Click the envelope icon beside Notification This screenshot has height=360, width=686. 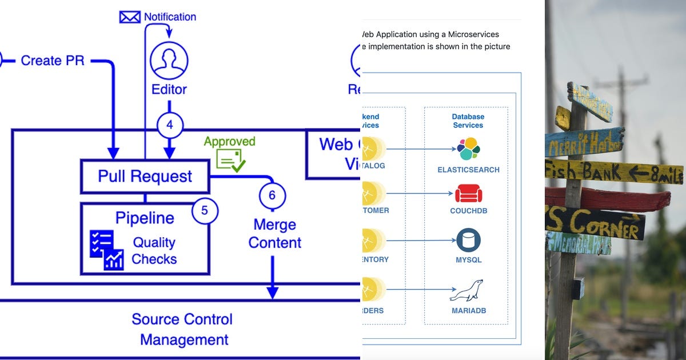click(130, 17)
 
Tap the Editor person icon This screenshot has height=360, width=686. click(169, 60)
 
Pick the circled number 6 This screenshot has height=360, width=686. click(272, 195)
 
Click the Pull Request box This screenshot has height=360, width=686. click(145, 176)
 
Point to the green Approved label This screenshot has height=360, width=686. click(229, 142)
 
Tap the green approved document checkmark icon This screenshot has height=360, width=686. click(230, 161)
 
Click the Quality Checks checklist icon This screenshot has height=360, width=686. click(106, 250)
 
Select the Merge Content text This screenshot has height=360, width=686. click(274, 233)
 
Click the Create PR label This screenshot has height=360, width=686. click(53, 60)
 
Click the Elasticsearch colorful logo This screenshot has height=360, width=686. click(468, 149)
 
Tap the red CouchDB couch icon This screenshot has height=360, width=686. click(468, 193)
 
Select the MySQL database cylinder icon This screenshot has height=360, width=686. click(468, 241)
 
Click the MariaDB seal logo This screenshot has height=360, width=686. click(466, 291)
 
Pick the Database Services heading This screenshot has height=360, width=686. click(468, 121)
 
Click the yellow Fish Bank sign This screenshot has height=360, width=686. click(612, 171)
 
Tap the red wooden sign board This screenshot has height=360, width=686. click(609, 199)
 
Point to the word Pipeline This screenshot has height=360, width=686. click(145, 218)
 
